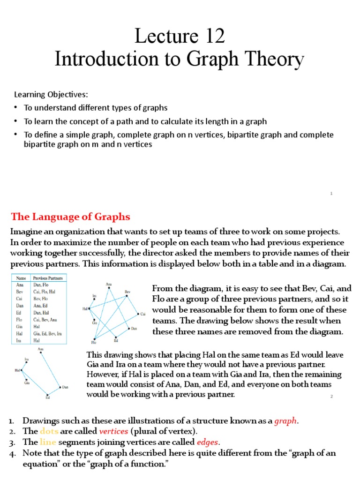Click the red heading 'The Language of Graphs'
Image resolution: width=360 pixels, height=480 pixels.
point(70,217)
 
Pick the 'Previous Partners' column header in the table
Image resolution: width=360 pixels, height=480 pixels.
point(47,278)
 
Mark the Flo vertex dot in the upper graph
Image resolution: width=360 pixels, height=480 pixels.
point(95,338)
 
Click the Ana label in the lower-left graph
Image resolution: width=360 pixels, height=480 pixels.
point(41,349)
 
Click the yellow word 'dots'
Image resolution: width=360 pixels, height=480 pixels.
point(49,431)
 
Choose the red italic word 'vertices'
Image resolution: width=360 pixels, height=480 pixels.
point(113,431)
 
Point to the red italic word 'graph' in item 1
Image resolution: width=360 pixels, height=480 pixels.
point(285,420)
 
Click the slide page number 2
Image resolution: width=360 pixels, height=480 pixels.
point(331,397)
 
